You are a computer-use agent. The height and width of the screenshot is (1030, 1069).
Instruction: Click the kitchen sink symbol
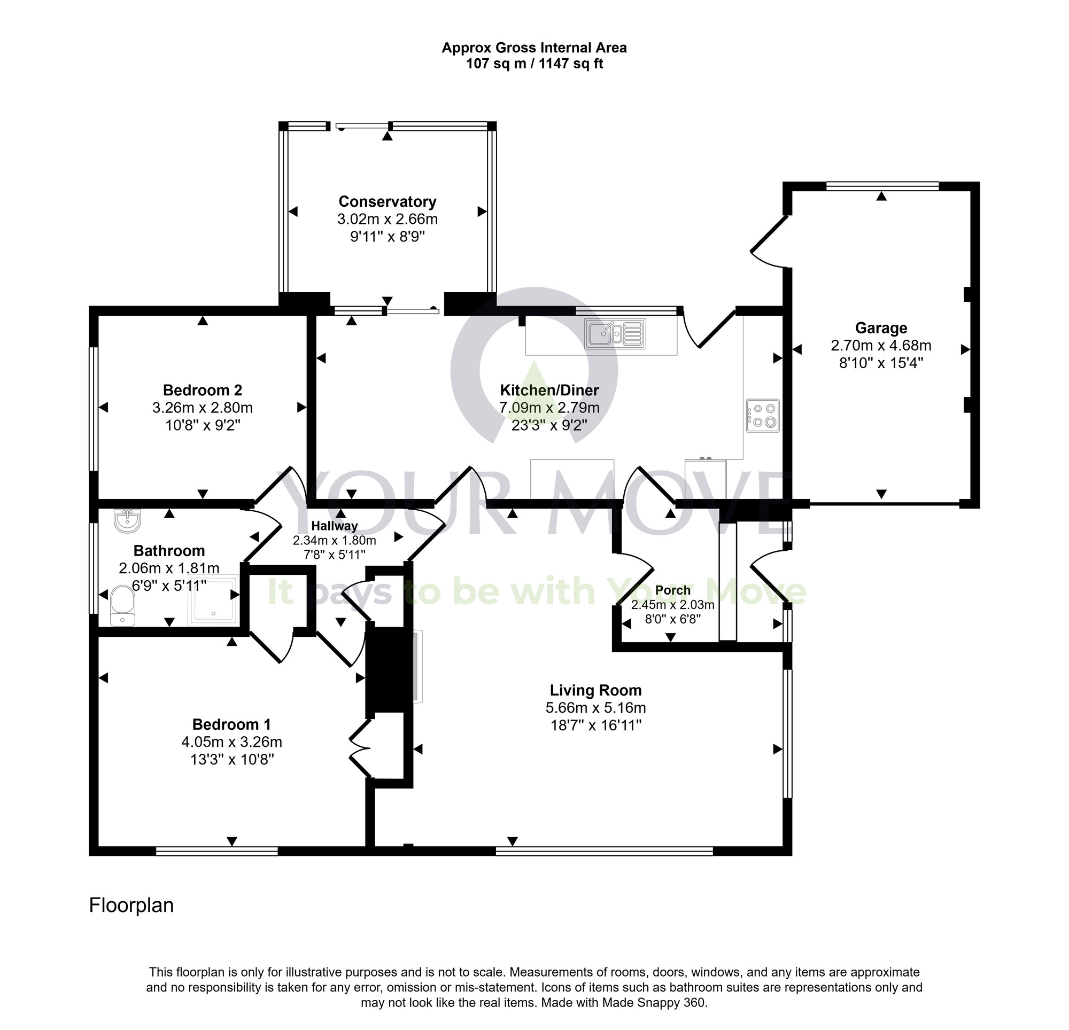click(615, 334)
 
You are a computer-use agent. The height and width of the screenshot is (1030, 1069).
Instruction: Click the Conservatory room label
click(387, 202)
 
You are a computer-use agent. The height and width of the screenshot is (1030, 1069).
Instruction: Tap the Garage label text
click(881, 328)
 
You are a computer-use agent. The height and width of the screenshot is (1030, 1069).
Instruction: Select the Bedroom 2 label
click(203, 391)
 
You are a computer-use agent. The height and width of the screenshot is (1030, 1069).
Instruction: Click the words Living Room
click(595, 690)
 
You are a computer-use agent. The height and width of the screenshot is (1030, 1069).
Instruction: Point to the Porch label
click(672, 590)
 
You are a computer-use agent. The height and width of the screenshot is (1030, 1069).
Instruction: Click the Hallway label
click(335, 526)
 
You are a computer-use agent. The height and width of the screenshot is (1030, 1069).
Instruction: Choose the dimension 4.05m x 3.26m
click(232, 742)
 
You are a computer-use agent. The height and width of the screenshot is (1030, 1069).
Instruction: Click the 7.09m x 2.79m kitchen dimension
click(549, 408)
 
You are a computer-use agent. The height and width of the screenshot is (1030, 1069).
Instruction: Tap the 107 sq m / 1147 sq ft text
click(534, 64)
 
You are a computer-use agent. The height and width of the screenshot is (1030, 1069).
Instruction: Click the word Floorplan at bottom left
click(131, 905)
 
